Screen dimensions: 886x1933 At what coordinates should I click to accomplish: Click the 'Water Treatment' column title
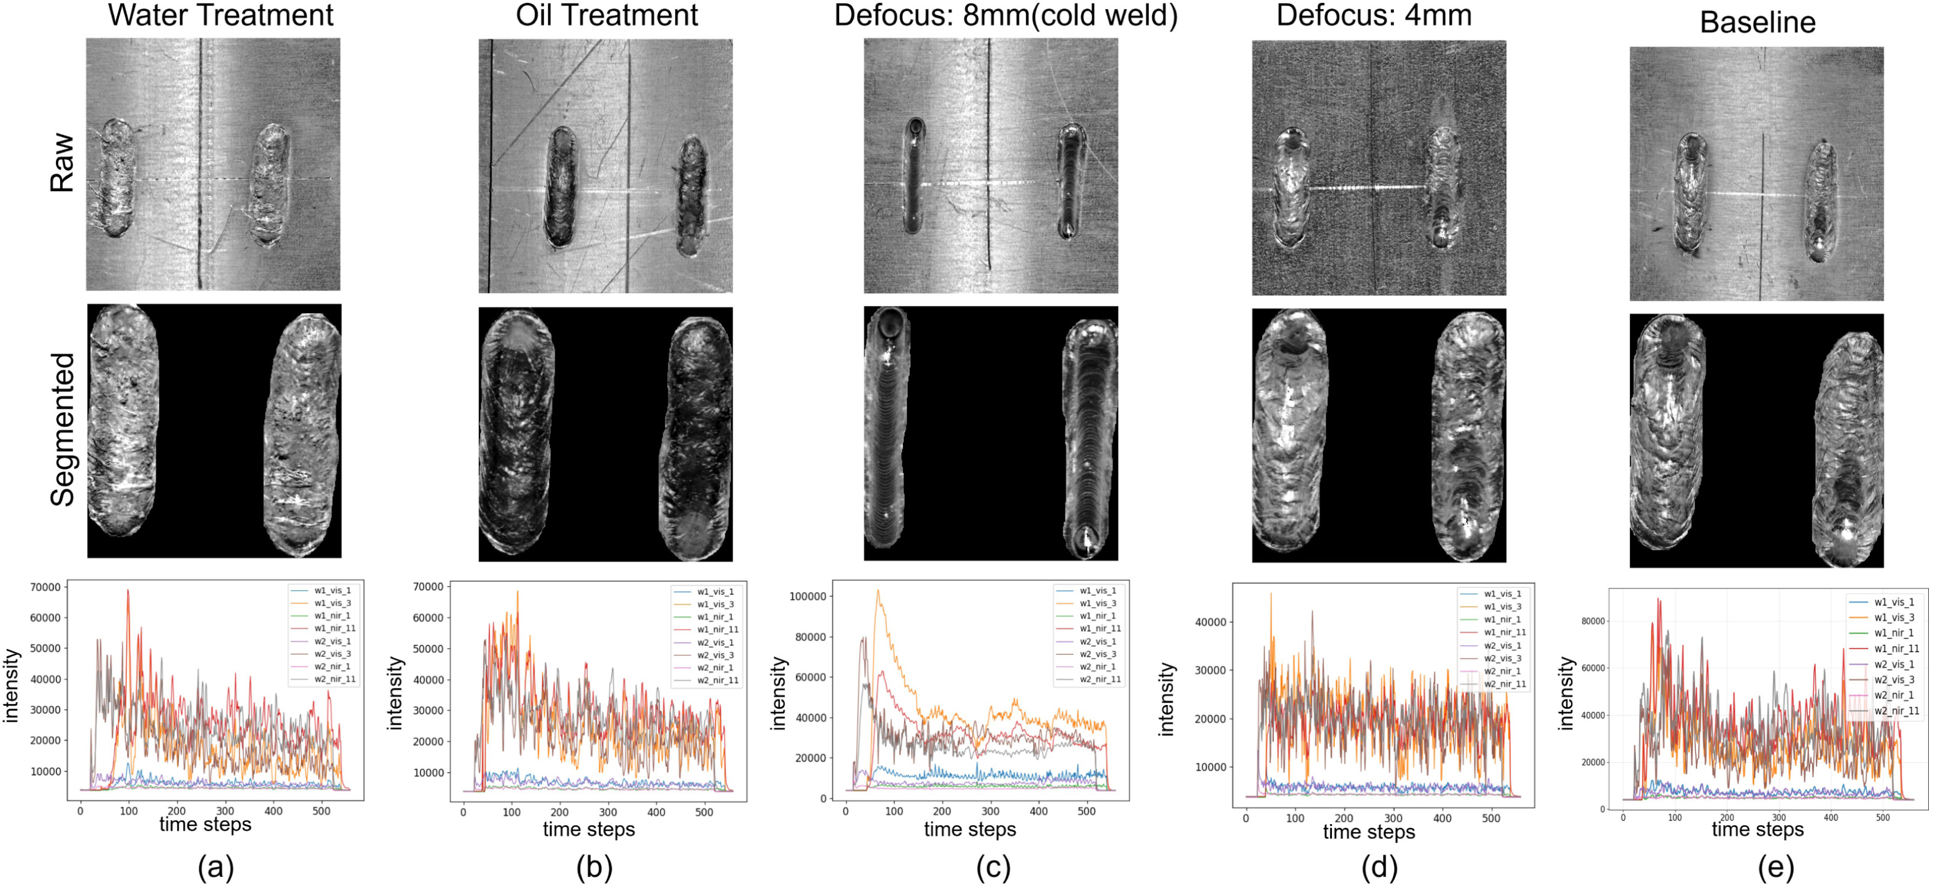pos(221,15)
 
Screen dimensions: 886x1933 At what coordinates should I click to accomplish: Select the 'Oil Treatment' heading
pos(606,15)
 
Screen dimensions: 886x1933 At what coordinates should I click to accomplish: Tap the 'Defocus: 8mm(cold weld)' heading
pos(1006,15)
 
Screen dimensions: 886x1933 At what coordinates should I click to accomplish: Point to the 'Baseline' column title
pos(1757,22)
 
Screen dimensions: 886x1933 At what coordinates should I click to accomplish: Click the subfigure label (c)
pos(993,867)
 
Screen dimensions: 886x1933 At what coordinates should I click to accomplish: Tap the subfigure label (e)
pos(1776,867)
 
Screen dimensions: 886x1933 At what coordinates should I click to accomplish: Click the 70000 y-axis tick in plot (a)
pos(44,587)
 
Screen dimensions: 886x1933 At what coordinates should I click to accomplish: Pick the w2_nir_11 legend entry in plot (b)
pos(716,680)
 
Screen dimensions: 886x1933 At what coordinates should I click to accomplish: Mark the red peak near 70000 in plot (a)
pos(128,591)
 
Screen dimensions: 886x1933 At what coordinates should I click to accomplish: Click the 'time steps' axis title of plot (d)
pos(1369,832)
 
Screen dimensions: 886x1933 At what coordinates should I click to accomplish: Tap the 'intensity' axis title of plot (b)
pos(395,692)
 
